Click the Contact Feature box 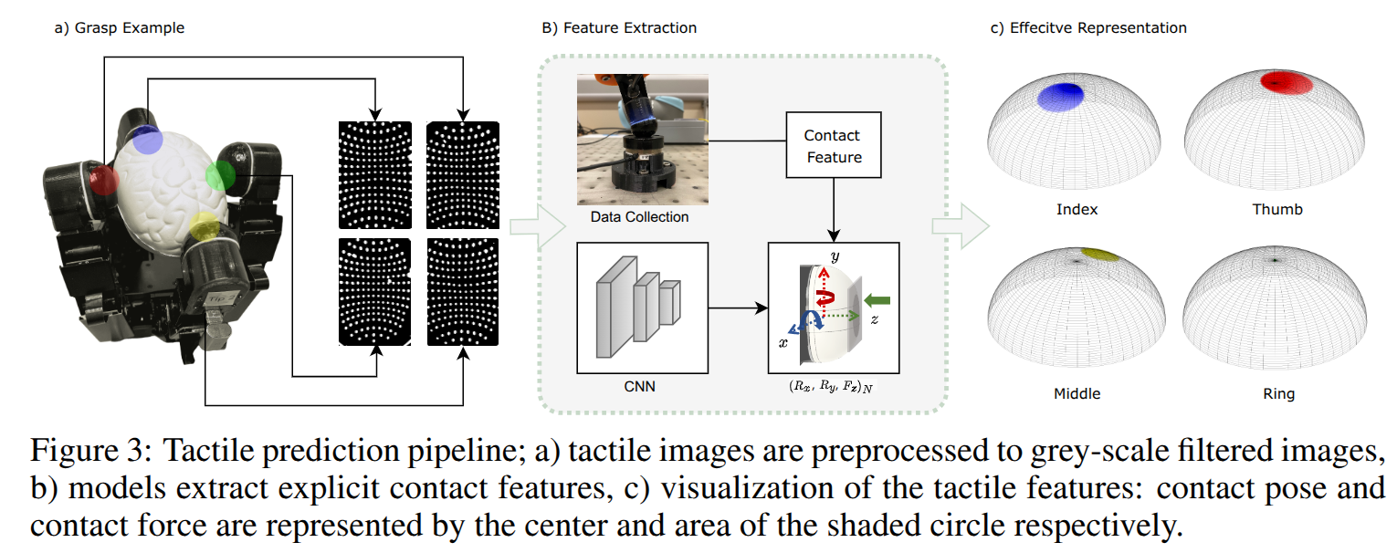[x=832, y=145]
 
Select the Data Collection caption [x=639, y=217]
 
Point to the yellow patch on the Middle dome [x=1102, y=254]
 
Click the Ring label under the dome [x=1278, y=394]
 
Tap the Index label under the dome [x=1077, y=209]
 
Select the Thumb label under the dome [x=1277, y=209]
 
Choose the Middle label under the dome [x=1077, y=394]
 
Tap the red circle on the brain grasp [x=103, y=181]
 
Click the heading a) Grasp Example [x=119, y=27]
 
